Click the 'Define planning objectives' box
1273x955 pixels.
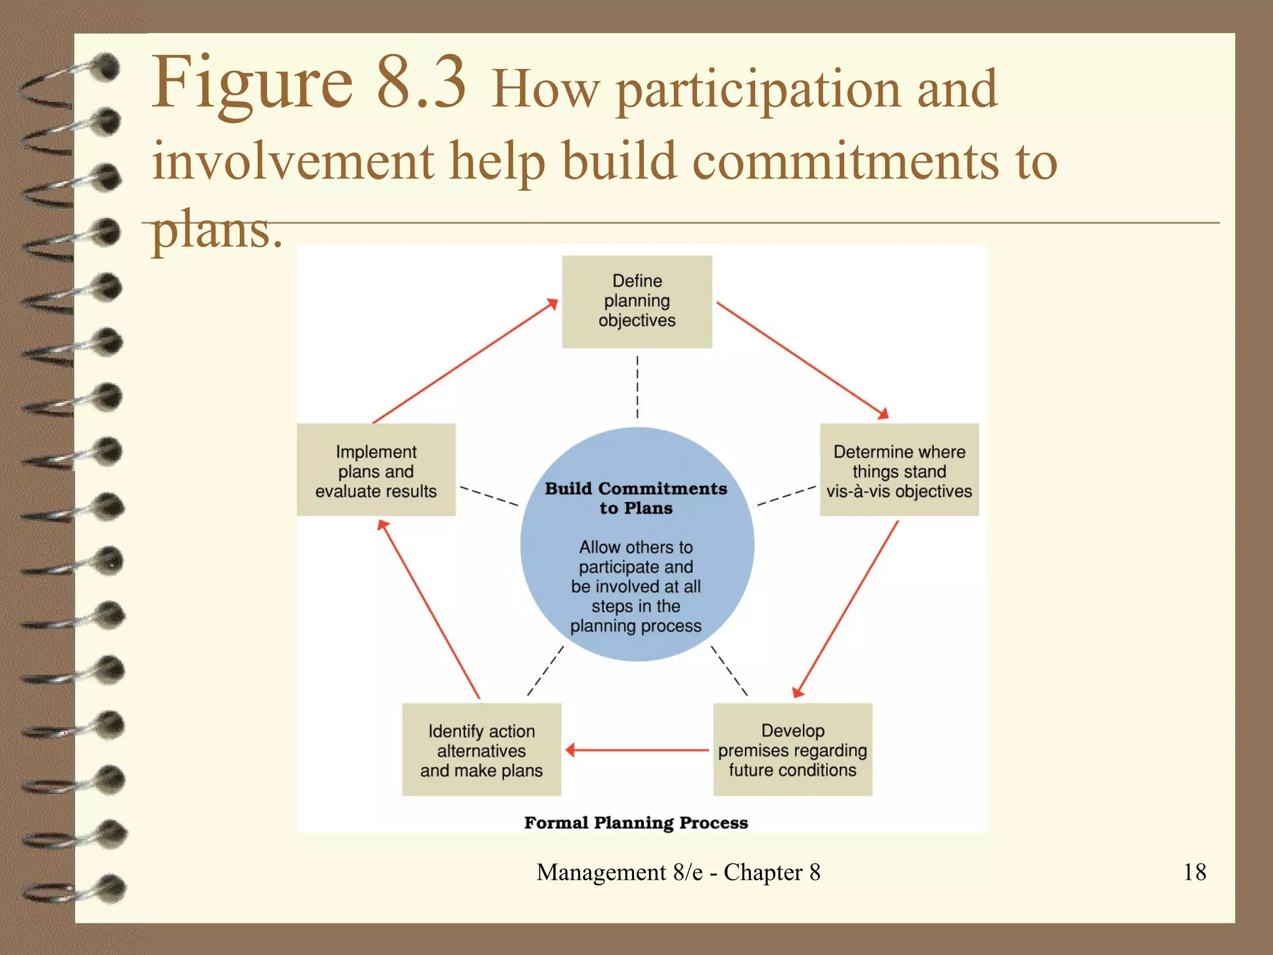(636, 302)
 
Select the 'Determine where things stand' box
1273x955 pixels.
(899, 470)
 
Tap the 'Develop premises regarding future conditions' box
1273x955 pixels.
(792, 750)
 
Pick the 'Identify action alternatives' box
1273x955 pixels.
(481, 750)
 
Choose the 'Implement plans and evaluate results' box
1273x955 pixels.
(375, 470)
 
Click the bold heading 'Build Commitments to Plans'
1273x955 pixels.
(635, 498)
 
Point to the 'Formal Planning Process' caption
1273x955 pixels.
(635, 823)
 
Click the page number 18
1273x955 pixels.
(1194, 872)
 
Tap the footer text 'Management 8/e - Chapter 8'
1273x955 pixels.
(678, 872)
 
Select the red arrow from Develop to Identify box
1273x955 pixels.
(637, 750)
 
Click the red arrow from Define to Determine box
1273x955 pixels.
(802, 360)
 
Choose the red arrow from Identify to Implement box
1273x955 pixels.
(429, 609)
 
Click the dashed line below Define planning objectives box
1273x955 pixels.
(637, 388)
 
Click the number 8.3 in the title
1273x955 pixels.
(421, 82)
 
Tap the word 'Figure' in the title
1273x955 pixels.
(252, 82)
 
